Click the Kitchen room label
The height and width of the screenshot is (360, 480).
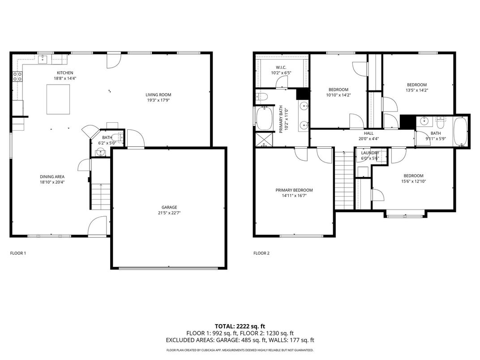pos(65,73)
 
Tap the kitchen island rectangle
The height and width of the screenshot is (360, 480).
pos(59,99)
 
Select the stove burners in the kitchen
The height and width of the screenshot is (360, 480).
pos(17,77)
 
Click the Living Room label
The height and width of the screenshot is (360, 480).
pos(158,94)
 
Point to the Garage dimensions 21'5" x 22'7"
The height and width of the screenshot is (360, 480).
pos(169,213)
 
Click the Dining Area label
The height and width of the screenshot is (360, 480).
pos(52,176)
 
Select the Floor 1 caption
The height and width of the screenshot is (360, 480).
pos(18,253)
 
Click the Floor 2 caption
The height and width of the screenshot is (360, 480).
pos(261,253)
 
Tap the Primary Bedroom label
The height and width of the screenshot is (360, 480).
pos(294,190)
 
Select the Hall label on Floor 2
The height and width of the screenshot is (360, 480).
pos(369,133)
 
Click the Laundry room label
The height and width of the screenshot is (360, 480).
pos(370,153)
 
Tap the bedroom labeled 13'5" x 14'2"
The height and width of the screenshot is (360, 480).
pos(416,85)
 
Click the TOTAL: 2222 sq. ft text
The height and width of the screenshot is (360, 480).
pos(240,326)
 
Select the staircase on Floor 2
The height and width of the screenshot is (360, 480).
pos(344,179)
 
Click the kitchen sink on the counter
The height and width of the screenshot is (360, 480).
pos(43,60)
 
